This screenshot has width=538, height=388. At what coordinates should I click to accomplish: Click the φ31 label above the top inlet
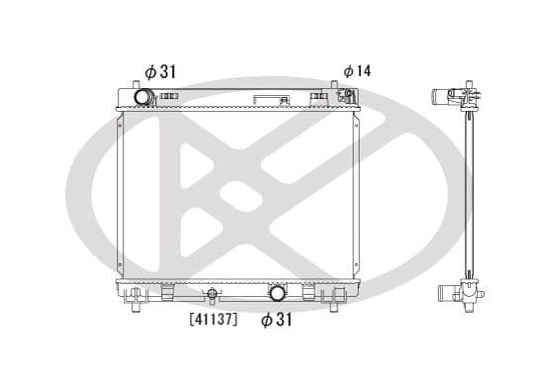(161, 71)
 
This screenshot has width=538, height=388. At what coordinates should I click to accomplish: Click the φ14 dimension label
(357, 71)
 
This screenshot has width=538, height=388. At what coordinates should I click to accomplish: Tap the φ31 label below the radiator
(277, 320)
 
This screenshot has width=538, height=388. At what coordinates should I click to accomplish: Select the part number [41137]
(212, 320)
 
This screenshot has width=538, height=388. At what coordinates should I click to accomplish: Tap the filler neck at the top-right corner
(347, 96)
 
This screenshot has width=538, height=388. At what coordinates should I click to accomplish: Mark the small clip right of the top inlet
(165, 97)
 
